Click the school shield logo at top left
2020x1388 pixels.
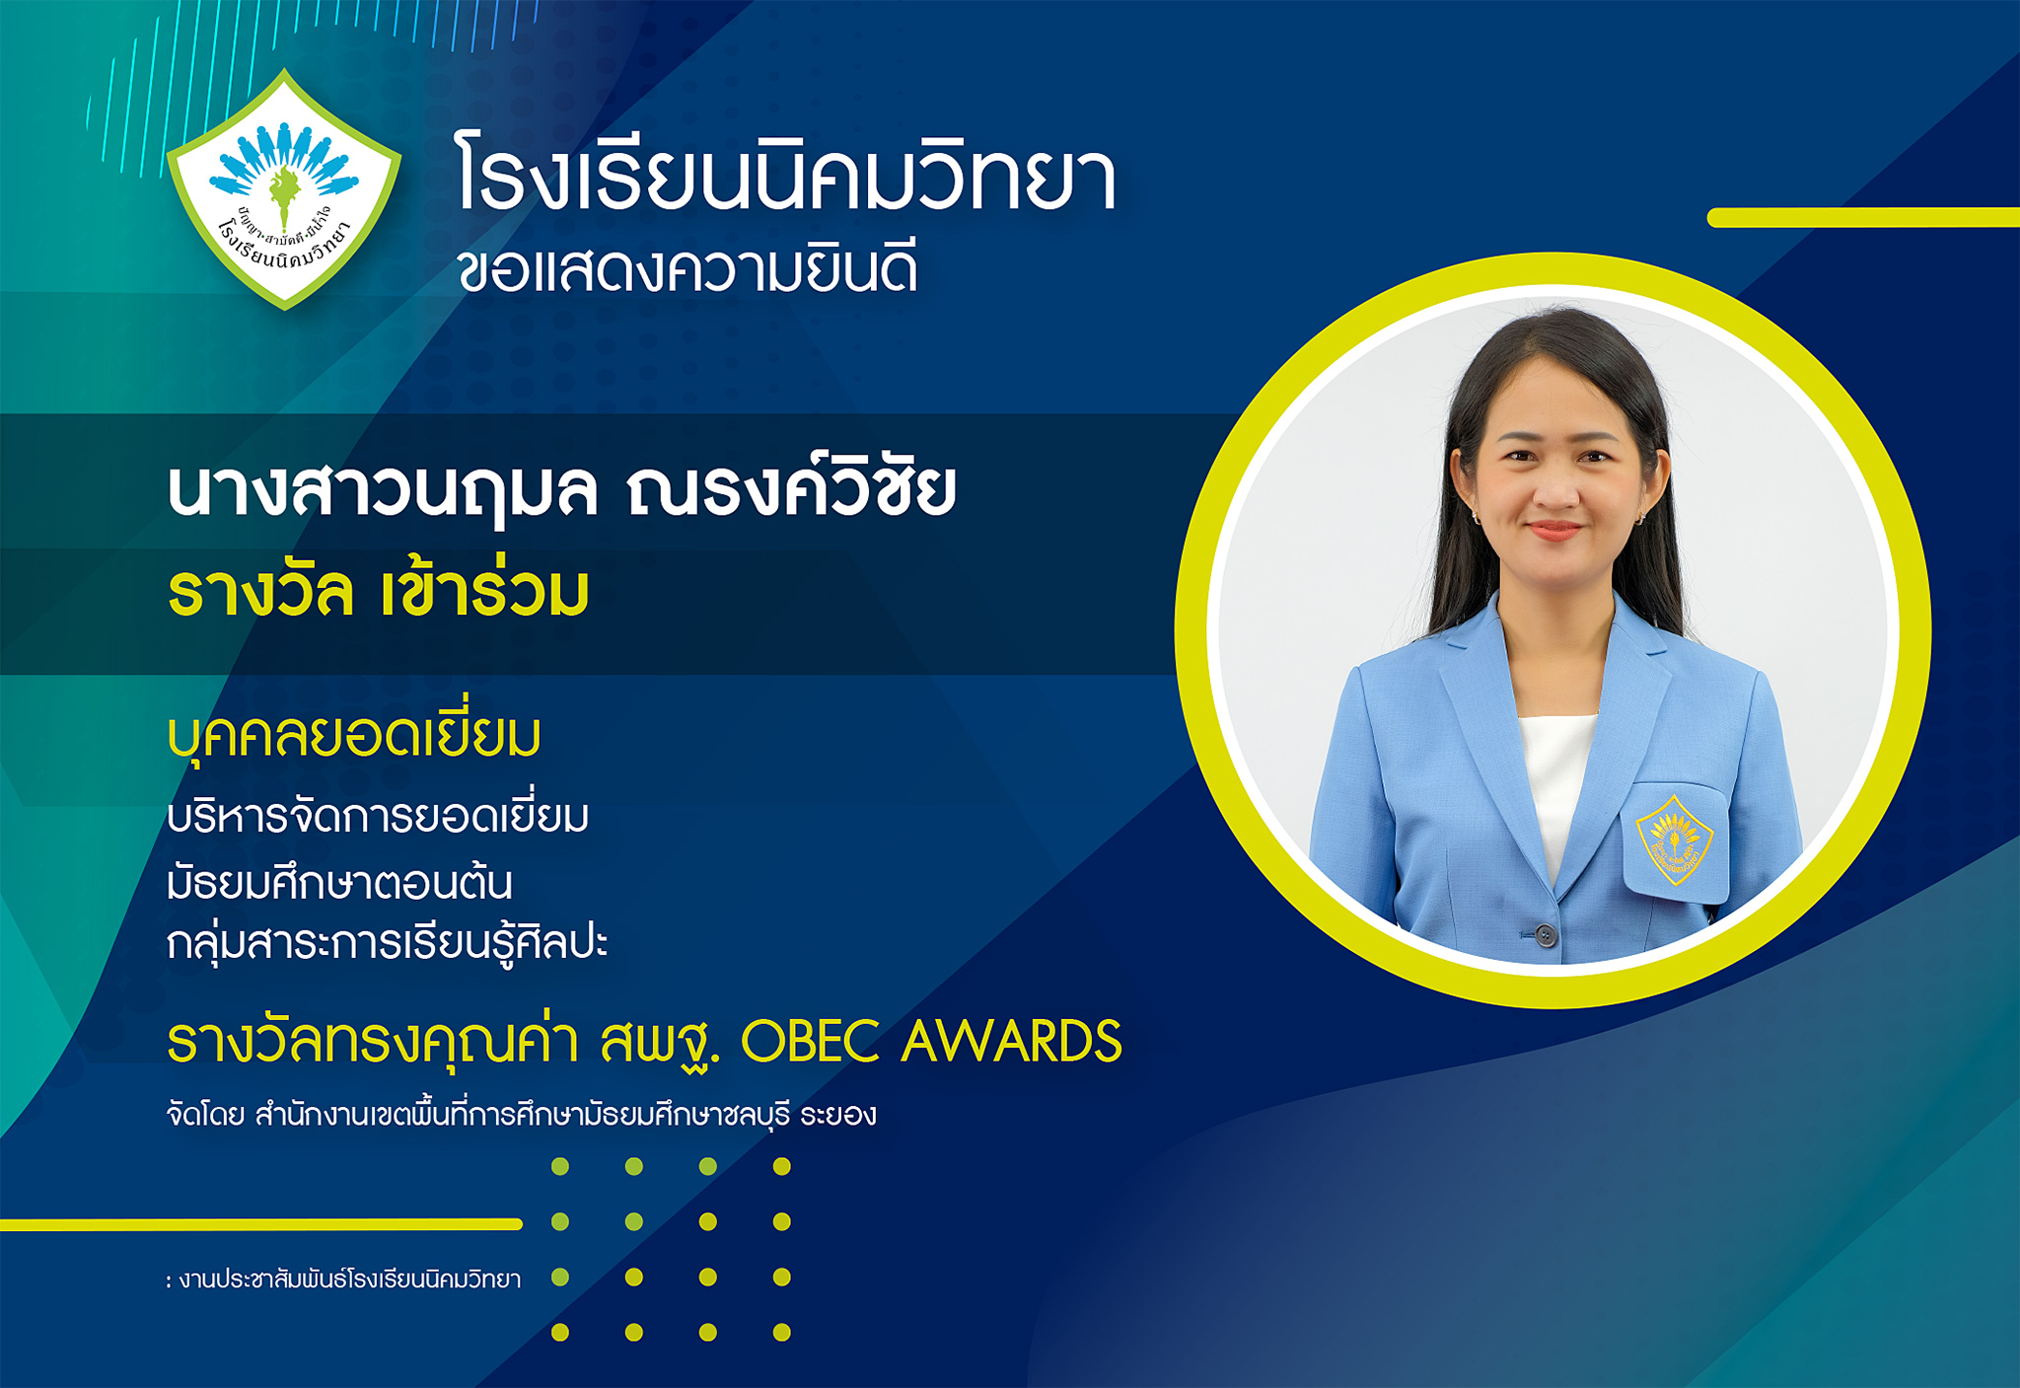click(x=284, y=189)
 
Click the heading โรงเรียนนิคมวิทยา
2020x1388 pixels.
click(x=786, y=176)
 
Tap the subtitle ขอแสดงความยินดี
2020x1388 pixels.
click(x=687, y=269)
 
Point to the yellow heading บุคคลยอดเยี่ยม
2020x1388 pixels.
click(x=354, y=735)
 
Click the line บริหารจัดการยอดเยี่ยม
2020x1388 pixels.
click(x=378, y=817)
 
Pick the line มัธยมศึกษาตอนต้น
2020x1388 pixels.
click(x=340, y=881)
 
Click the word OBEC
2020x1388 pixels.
click(x=810, y=1042)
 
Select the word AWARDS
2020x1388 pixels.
click(x=1012, y=1042)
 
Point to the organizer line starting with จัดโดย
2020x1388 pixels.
click(x=522, y=1115)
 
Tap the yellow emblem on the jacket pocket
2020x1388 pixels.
click(x=1674, y=840)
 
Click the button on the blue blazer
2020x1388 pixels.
click(x=1545, y=934)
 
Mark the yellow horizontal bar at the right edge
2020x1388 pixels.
click(x=1863, y=217)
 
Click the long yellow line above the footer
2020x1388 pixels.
click(x=261, y=1224)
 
